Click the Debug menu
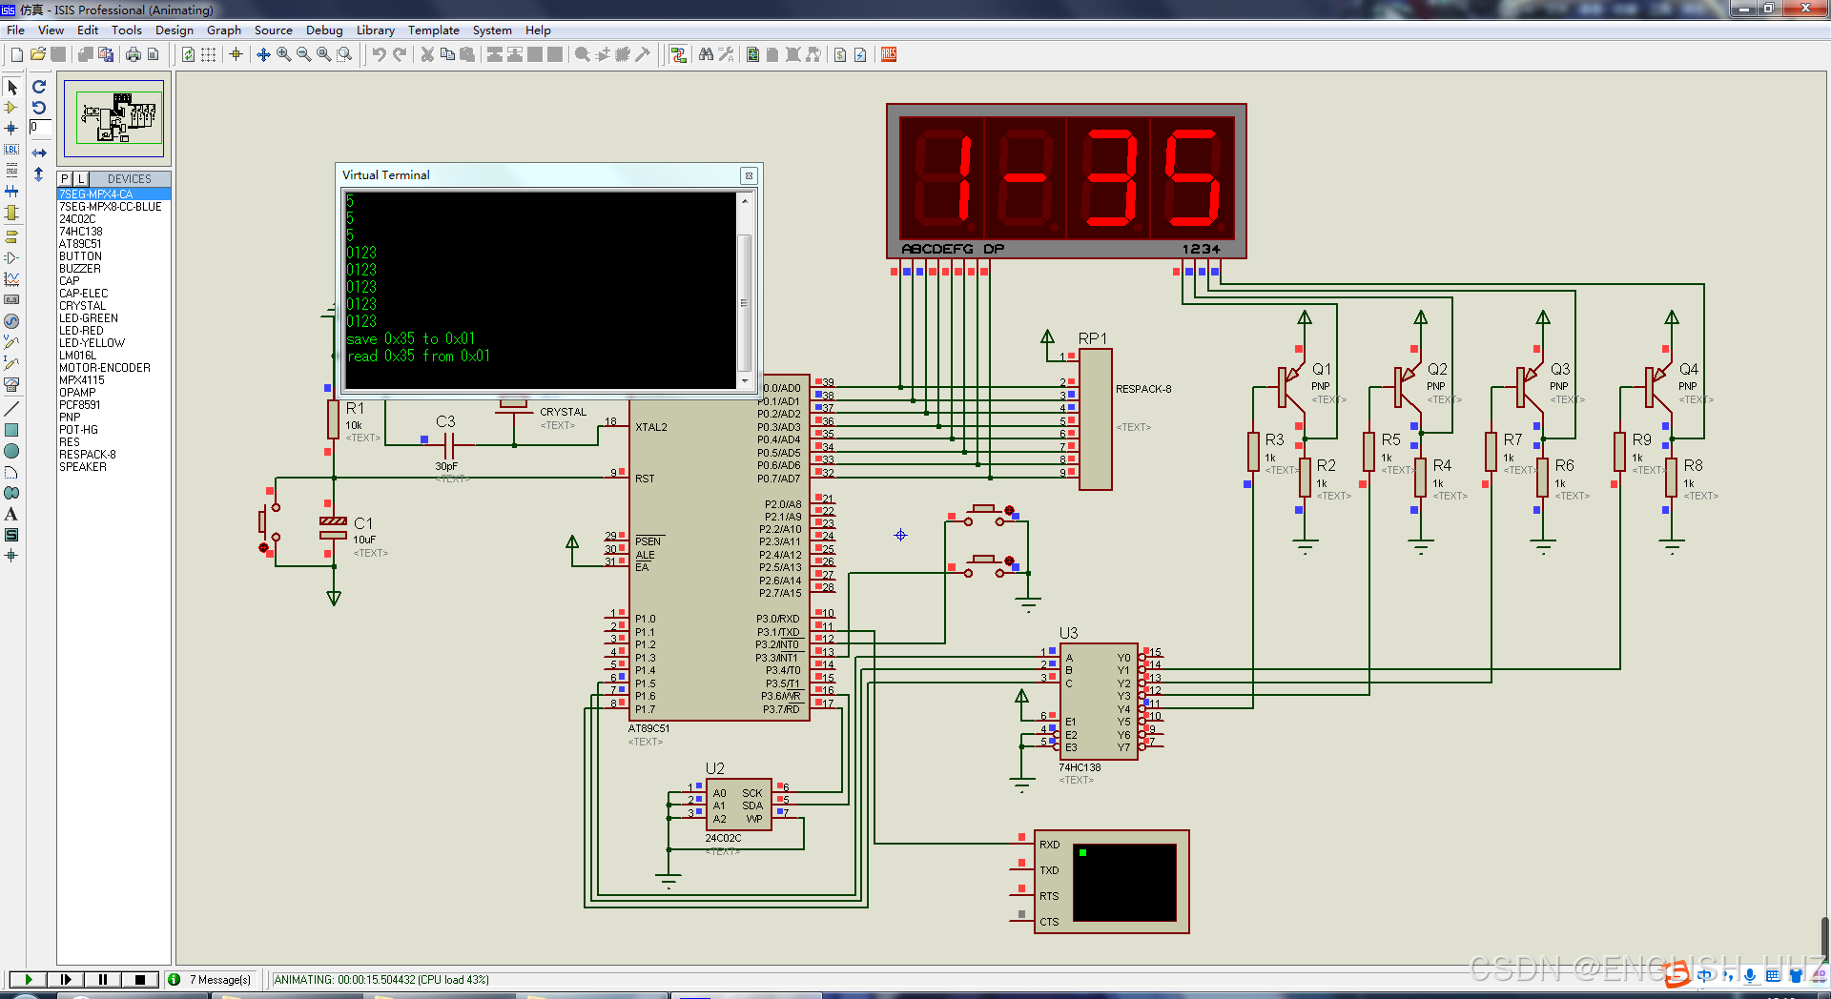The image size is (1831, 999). point(324,31)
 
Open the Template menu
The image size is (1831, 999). point(433,31)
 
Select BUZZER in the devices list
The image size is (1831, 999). point(80,269)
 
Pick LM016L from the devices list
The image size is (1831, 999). point(77,356)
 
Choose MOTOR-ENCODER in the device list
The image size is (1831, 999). point(105,368)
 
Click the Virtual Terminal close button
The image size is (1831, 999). point(749,175)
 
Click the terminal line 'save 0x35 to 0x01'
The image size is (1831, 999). point(410,338)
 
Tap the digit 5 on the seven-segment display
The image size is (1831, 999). point(1191,178)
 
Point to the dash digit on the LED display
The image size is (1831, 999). point(1025,178)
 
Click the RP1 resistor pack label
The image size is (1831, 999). point(1092,338)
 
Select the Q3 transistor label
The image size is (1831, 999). point(1560,369)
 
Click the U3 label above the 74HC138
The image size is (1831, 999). point(1068,633)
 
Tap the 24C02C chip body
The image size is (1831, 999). point(738,805)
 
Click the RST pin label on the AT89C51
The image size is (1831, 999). point(645,479)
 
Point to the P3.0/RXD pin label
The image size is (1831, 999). point(778,619)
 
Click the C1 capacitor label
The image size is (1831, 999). point(363,523)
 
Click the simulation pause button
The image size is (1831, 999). point(103,979)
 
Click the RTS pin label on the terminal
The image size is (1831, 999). point(1049,896)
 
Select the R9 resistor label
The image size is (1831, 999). point(1641,439)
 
